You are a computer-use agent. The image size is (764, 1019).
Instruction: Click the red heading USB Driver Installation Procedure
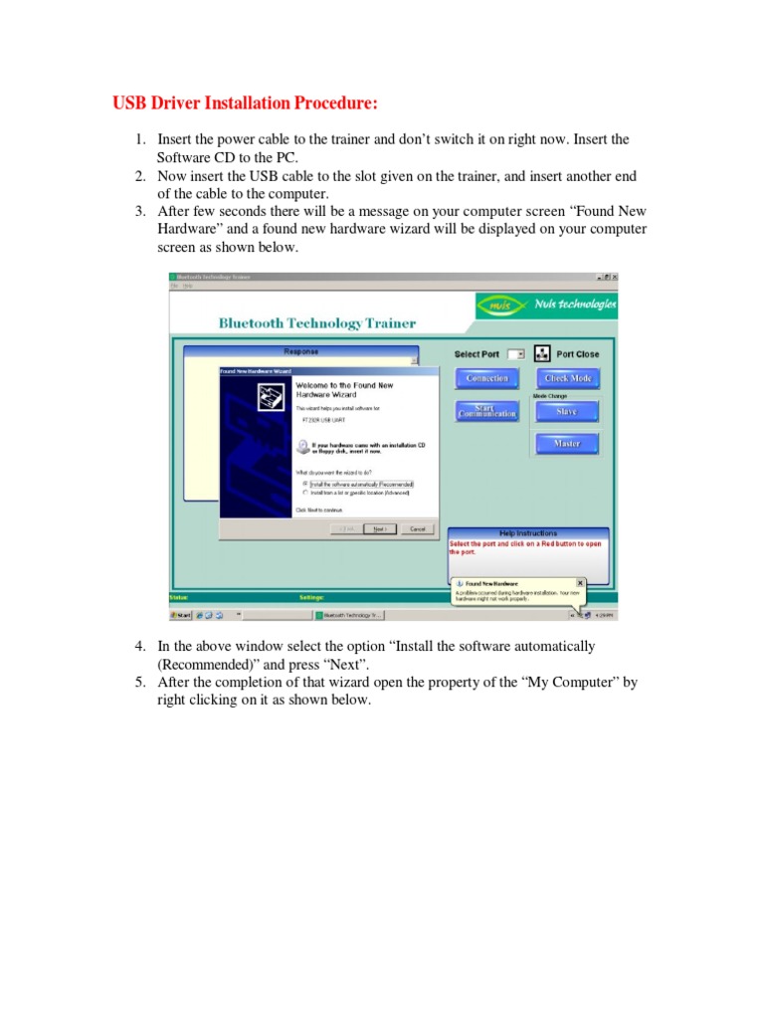pos(245,103)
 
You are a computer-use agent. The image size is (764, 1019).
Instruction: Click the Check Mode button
pos(568,379)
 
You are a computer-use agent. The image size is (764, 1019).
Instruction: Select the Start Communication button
pos(487,410)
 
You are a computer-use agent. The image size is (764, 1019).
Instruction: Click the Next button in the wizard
pos(380,529)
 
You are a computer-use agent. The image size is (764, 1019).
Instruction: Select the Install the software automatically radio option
pos(305,484)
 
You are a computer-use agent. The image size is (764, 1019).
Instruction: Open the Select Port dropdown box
pos(515,354)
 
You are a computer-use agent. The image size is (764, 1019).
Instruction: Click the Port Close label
pos(578,354)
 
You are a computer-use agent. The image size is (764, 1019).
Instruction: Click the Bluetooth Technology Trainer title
pos(317,323)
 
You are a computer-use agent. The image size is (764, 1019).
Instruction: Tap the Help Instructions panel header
pos(527,533)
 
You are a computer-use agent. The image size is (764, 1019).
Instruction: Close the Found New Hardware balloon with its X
pos(580,582)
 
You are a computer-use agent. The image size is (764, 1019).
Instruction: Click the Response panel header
pos(301,351)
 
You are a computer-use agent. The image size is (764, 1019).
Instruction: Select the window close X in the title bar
pos(615,277)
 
